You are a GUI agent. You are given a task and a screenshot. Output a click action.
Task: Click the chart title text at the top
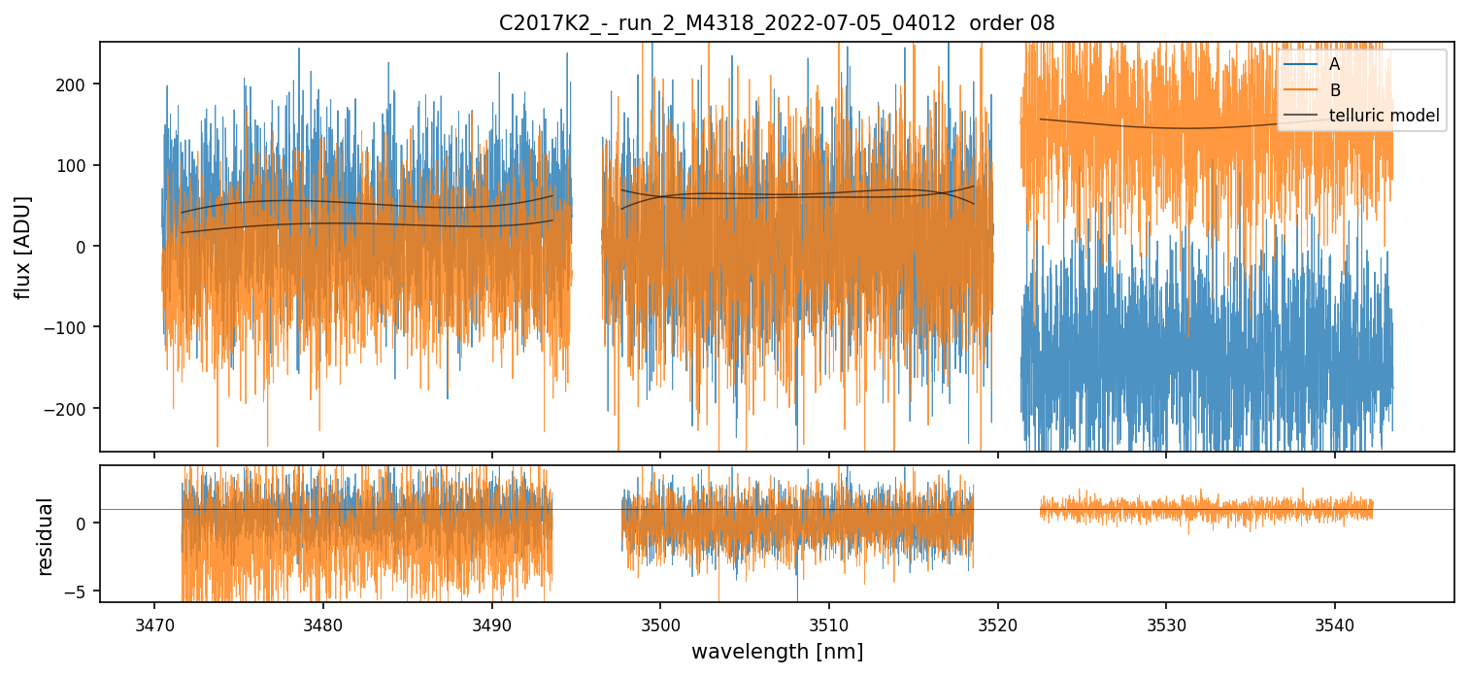(777, 22)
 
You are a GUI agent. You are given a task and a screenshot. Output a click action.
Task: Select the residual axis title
(45, 536)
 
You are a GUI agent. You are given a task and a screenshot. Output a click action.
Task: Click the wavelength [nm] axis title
(777, 651)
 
